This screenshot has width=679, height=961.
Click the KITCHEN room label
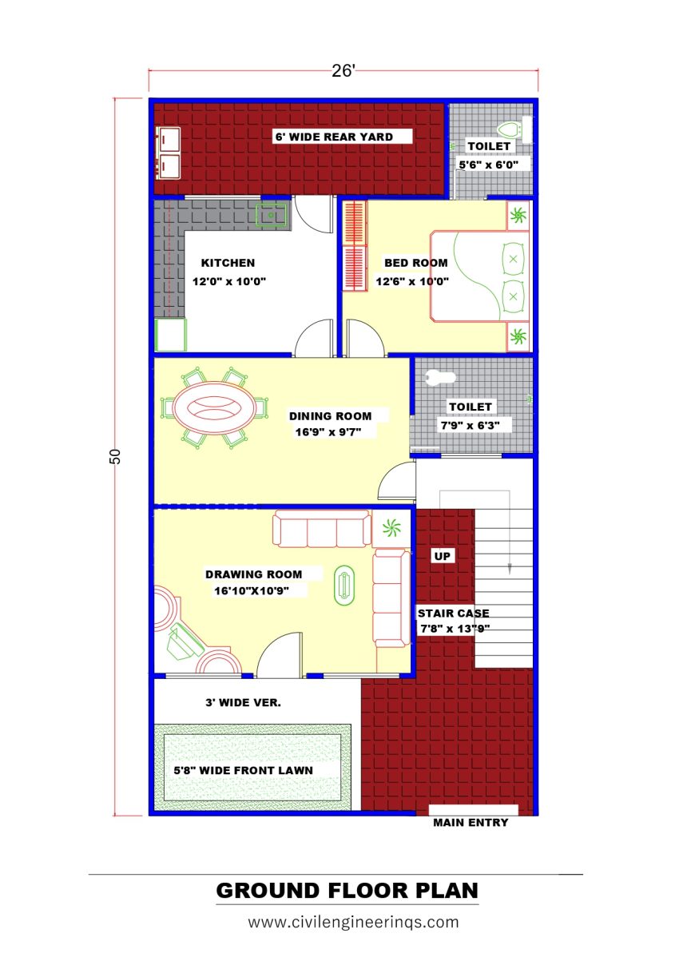click(228, 263)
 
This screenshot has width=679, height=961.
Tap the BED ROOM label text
click(415, 263)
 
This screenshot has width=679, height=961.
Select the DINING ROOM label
click(330, 415)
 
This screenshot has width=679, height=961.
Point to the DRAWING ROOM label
click(253, 574)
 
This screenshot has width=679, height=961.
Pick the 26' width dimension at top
click(343, 70)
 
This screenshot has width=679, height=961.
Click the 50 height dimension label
click(115, 456)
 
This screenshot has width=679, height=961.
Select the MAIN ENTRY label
click(470, 822)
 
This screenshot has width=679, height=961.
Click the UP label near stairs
click(442, 555)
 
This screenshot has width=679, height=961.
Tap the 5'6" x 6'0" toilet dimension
click(489, 165)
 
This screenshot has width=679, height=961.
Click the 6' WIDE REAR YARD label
click(334, 137)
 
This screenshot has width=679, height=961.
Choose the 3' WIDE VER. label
click(243, 703)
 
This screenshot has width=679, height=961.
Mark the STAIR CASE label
click(453, 614)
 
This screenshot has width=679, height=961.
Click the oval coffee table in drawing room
click(344, 584)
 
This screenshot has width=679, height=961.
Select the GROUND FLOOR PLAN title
click(347, 890)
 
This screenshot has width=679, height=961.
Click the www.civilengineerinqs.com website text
click(353, 922)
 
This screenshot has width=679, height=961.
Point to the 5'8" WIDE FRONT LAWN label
click(243, 771)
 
